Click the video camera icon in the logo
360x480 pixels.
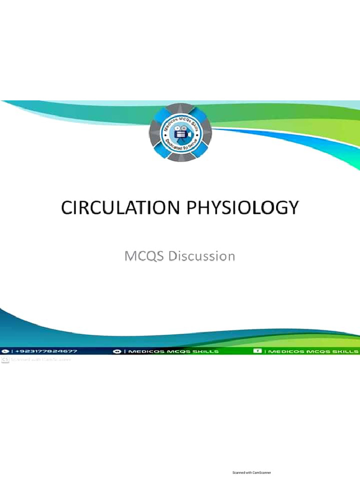click(x=180, y=134)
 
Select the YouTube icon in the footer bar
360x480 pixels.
click(x=117, y=351)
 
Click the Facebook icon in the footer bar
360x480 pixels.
click(x=257, y=351)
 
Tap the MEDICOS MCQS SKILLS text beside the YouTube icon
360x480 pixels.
click(x=173, y=351)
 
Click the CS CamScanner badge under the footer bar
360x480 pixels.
click(x=5, y=360)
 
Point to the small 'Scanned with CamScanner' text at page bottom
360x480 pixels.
click(x=252, y=472)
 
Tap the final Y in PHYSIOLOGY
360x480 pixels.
click(x=293, y=208)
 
